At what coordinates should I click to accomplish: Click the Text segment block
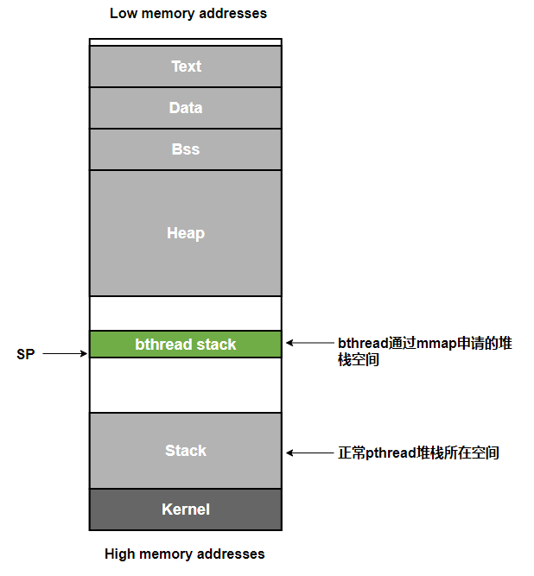coord(186,66)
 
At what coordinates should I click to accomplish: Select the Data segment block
coord(186,108)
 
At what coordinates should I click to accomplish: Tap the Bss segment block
coord(186,149)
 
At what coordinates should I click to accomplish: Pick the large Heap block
coord(186,233)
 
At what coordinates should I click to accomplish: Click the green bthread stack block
coord(186,345)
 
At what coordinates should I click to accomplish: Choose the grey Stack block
coord(186,451)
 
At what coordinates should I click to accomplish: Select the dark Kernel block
coord(186,510)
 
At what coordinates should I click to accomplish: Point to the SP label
coord(26,354)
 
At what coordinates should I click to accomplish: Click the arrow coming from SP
coord(66,354)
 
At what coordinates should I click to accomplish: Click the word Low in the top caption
coord(124,14)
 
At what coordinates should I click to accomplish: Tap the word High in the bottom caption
coord(120,554)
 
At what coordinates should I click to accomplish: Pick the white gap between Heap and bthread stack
coord(186,313)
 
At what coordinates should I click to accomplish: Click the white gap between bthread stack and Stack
coord(186,385)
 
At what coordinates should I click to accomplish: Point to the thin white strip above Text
coord(186,41)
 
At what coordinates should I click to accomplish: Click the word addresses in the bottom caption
coord(232,554)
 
